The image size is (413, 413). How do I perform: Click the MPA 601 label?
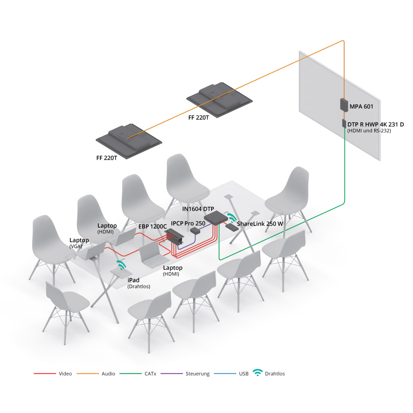coord(361,107)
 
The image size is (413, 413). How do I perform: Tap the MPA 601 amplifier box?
coord(344,105)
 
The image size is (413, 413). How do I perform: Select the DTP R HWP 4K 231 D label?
coord(375,124)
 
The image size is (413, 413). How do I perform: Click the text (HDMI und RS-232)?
coord(369,131)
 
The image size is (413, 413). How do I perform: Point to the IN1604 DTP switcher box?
coord(216,218)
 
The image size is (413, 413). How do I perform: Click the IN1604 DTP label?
coord(198,209)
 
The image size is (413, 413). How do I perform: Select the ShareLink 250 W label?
coord(260,224)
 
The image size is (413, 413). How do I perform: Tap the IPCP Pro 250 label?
coord(188,223)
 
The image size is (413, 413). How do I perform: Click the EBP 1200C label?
coord(152,226)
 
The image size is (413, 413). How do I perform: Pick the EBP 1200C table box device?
coord(174,236)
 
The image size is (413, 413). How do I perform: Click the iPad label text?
coord(133,280)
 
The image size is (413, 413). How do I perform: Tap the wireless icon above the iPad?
coord(121,265)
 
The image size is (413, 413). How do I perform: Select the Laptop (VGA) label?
coord(79,243)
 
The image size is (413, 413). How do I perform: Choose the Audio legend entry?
coord(96,373)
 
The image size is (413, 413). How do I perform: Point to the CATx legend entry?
coord(138,373)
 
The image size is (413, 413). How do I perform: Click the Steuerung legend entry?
coord(185,373)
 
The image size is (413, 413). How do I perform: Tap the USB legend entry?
coord(231,373)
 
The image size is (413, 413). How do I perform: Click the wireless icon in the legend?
coord(258,373)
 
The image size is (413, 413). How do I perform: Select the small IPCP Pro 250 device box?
coord(195,231)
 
